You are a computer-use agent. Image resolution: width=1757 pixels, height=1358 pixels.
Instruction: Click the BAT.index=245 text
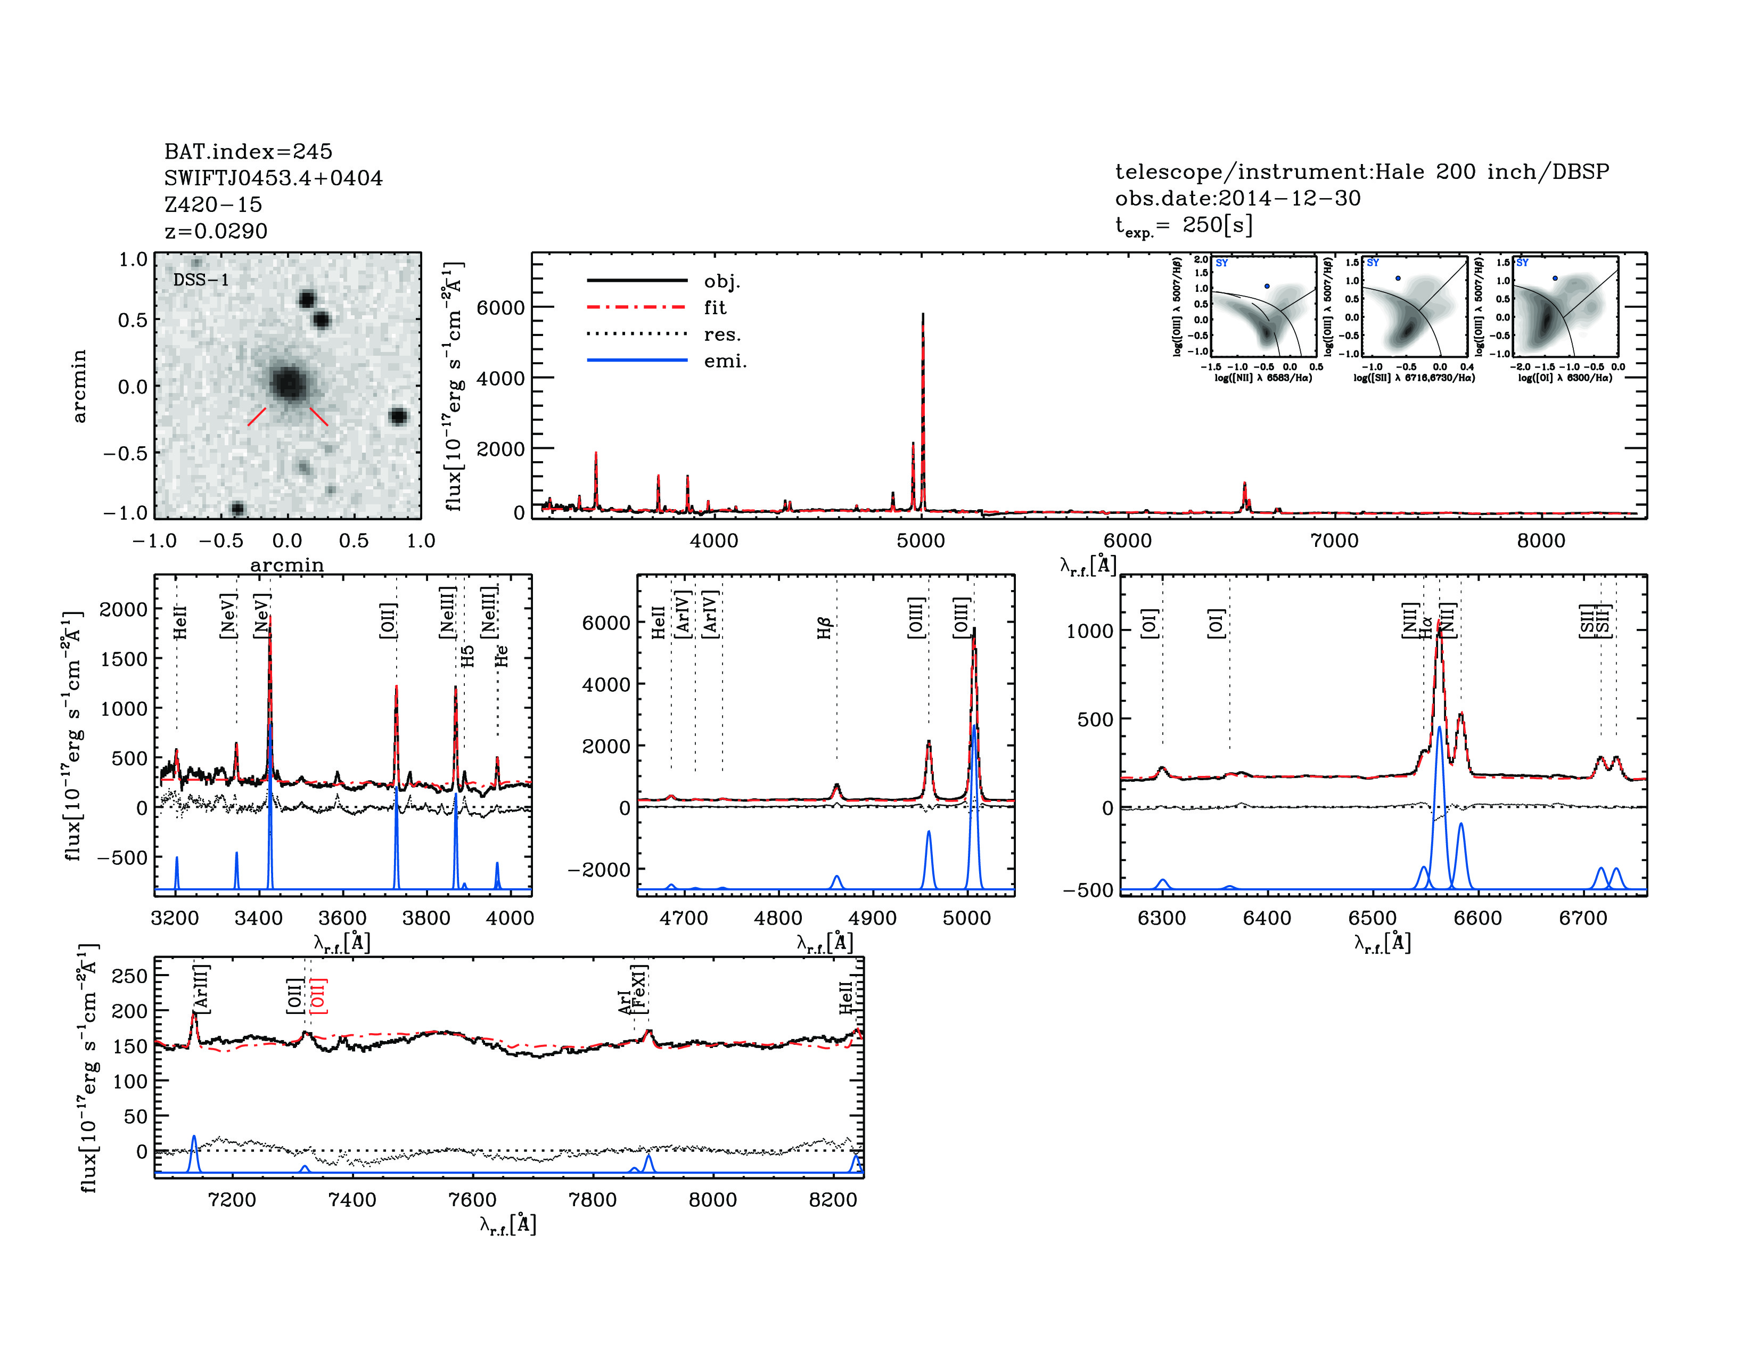[248, 151]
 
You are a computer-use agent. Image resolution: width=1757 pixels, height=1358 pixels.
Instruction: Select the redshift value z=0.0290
[216, 231]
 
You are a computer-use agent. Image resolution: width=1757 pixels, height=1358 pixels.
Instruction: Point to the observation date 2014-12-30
[1237, 198]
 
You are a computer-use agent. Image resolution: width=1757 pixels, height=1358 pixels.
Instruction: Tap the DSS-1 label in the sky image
[201, 280]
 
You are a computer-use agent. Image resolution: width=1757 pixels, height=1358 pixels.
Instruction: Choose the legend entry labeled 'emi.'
[725, 361]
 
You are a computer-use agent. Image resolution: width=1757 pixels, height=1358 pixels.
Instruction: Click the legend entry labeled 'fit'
[715, 307]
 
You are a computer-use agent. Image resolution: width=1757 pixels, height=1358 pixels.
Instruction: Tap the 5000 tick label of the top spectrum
[921, 541]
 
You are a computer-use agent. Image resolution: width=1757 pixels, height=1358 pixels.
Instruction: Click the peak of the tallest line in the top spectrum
[923, 315]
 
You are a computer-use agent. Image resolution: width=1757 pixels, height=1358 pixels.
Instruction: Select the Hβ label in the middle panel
[824, 628]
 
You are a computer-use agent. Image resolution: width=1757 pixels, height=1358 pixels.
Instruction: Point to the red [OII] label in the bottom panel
[319, 996]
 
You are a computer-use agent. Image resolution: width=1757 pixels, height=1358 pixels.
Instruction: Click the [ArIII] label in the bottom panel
[201, 988]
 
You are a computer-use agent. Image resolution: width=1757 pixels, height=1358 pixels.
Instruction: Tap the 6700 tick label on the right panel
[1582, 918]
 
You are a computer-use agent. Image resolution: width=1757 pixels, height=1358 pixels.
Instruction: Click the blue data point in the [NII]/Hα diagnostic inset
[1267, 285]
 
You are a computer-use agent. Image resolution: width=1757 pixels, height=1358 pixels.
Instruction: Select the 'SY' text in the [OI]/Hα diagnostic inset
[1522, 263]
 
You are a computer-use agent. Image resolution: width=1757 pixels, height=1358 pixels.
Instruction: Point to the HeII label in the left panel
[180, 623]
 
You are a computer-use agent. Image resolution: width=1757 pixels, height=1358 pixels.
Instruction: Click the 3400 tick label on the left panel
[259, 918]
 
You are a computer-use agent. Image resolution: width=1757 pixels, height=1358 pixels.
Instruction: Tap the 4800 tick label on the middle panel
[778, 918]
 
